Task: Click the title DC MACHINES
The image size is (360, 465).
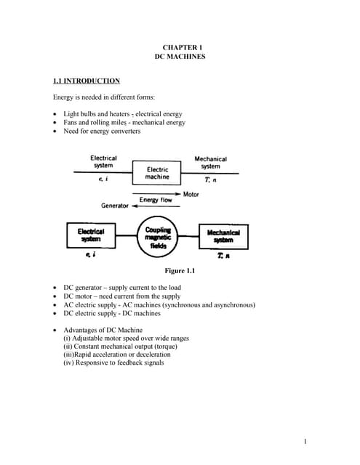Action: click(x=180, y=56)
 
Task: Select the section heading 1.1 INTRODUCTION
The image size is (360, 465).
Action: click(x=87, y=80)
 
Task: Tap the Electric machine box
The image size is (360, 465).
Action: click(x=157, y=173)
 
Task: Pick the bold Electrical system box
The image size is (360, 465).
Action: click(x=91, y=235)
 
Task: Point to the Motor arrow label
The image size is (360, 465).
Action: click(x=191, y=194)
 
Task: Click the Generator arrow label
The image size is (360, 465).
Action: click(x=114, y=206)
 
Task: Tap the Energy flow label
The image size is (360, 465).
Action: click(x=155, y=200)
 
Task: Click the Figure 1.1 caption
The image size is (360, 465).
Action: click(x=180, y=271)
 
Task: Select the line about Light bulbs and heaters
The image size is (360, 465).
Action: click(x=122, y=114)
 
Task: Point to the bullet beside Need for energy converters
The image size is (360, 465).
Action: click(x=56, y=132)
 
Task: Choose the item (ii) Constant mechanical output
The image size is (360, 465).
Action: click(x=120, y=347)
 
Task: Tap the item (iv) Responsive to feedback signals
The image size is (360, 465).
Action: click(x=113, y=363)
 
